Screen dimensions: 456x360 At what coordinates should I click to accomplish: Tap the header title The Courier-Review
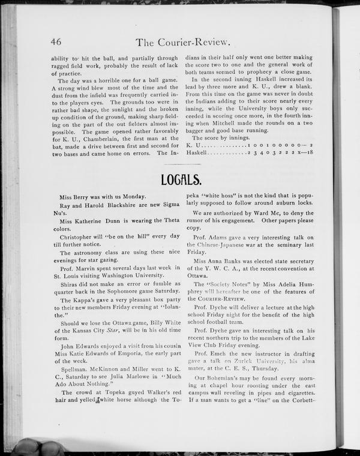(184, 41)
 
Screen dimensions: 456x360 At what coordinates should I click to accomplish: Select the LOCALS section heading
(181, 179)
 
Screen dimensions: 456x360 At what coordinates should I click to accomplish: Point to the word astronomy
(89, 255)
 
